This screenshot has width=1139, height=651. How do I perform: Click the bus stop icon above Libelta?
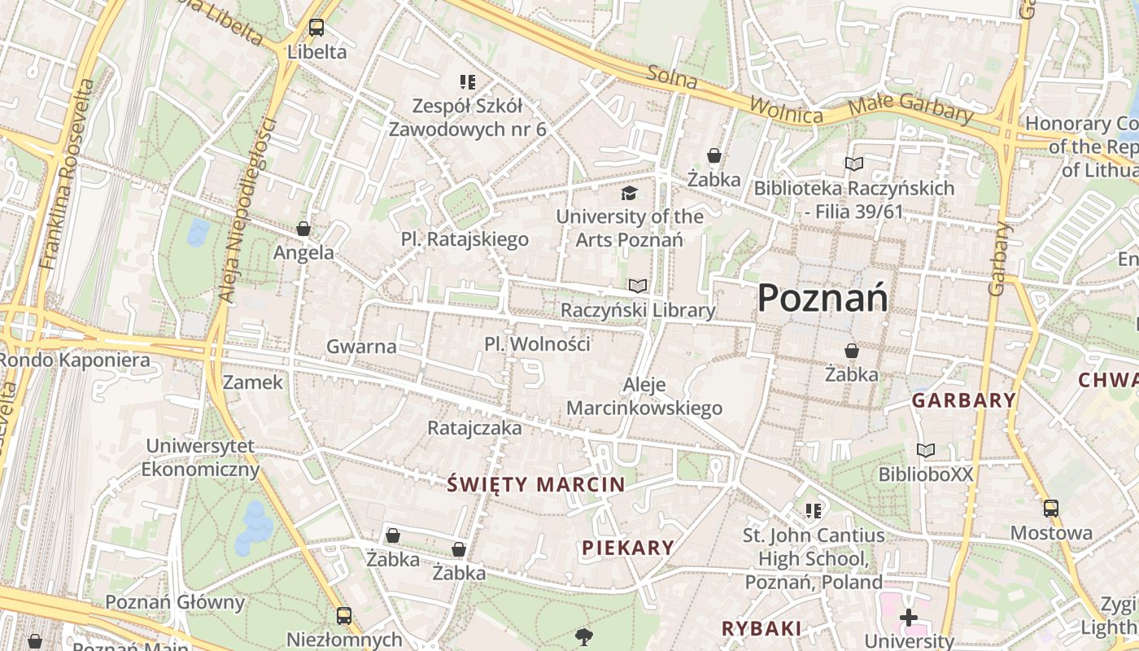(x=316, y=28)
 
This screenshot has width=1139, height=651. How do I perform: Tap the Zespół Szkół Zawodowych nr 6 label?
(x=467, y=117)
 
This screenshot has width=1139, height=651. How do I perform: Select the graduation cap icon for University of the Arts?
(x=629, y=194)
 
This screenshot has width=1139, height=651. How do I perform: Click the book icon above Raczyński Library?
(x=638, y=286)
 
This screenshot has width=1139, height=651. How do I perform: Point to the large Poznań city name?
(x=823, y=299)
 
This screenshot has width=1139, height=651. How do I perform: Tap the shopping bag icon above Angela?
(x=303, y=229)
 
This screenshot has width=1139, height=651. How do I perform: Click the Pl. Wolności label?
(x=537, y=343)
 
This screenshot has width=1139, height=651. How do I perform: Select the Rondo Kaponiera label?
(x=75, y=360)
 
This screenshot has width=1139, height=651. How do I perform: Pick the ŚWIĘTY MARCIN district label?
(x=536, y=485)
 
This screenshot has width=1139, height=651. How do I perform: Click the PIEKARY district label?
(x=628, y=548)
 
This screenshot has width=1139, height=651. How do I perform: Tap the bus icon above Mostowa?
(x=1051, y=509)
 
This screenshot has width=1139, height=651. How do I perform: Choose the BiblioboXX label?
(x=925, y=474)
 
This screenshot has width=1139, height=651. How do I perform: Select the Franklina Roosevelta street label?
(x=67, y=175)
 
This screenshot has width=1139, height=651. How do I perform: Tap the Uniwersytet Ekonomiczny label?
(x=200, y=457)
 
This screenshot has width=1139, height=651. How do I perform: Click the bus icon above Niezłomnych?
(x=344, y=615)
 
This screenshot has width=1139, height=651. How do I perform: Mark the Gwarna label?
(x=361, y=347)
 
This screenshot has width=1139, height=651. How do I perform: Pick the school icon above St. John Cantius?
(x=813, y=511)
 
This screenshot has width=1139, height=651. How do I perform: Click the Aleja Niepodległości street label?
(x=249, y=212)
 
